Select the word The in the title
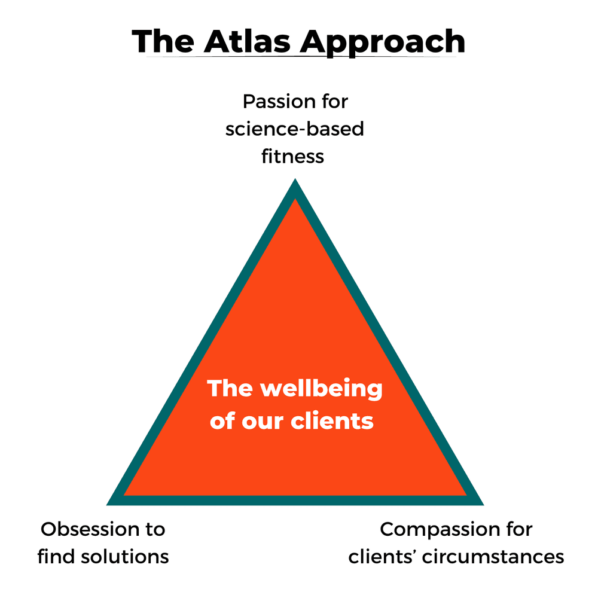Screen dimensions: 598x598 (x=163, y=41)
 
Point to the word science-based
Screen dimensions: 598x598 (x=295, y=129)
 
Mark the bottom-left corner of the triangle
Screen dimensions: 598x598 (x=109, y=503)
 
